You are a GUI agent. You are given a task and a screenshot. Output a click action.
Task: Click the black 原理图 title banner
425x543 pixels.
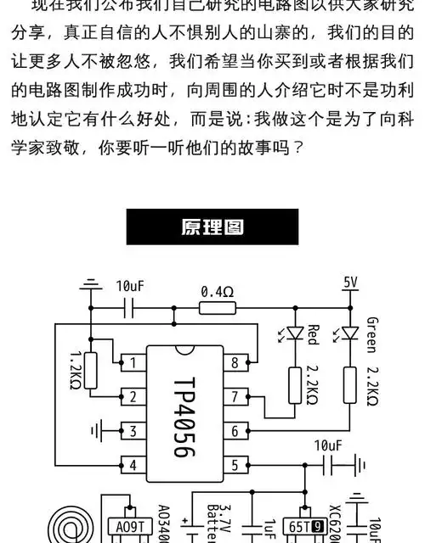(x=212, y=227)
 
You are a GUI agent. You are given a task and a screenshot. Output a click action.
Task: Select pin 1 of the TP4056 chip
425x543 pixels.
(x=132, y=362)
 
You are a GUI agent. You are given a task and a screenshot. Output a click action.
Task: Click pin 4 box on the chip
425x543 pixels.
(x=132, y=464)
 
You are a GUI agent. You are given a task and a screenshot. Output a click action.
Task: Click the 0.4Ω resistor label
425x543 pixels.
(x=217, y=291)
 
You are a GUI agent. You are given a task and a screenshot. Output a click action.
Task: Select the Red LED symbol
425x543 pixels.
(x=295, y=334)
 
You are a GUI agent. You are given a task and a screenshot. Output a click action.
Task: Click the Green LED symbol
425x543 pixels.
(x=348, y=334)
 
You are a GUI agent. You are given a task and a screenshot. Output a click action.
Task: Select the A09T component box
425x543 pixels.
(x=128, y=527)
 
